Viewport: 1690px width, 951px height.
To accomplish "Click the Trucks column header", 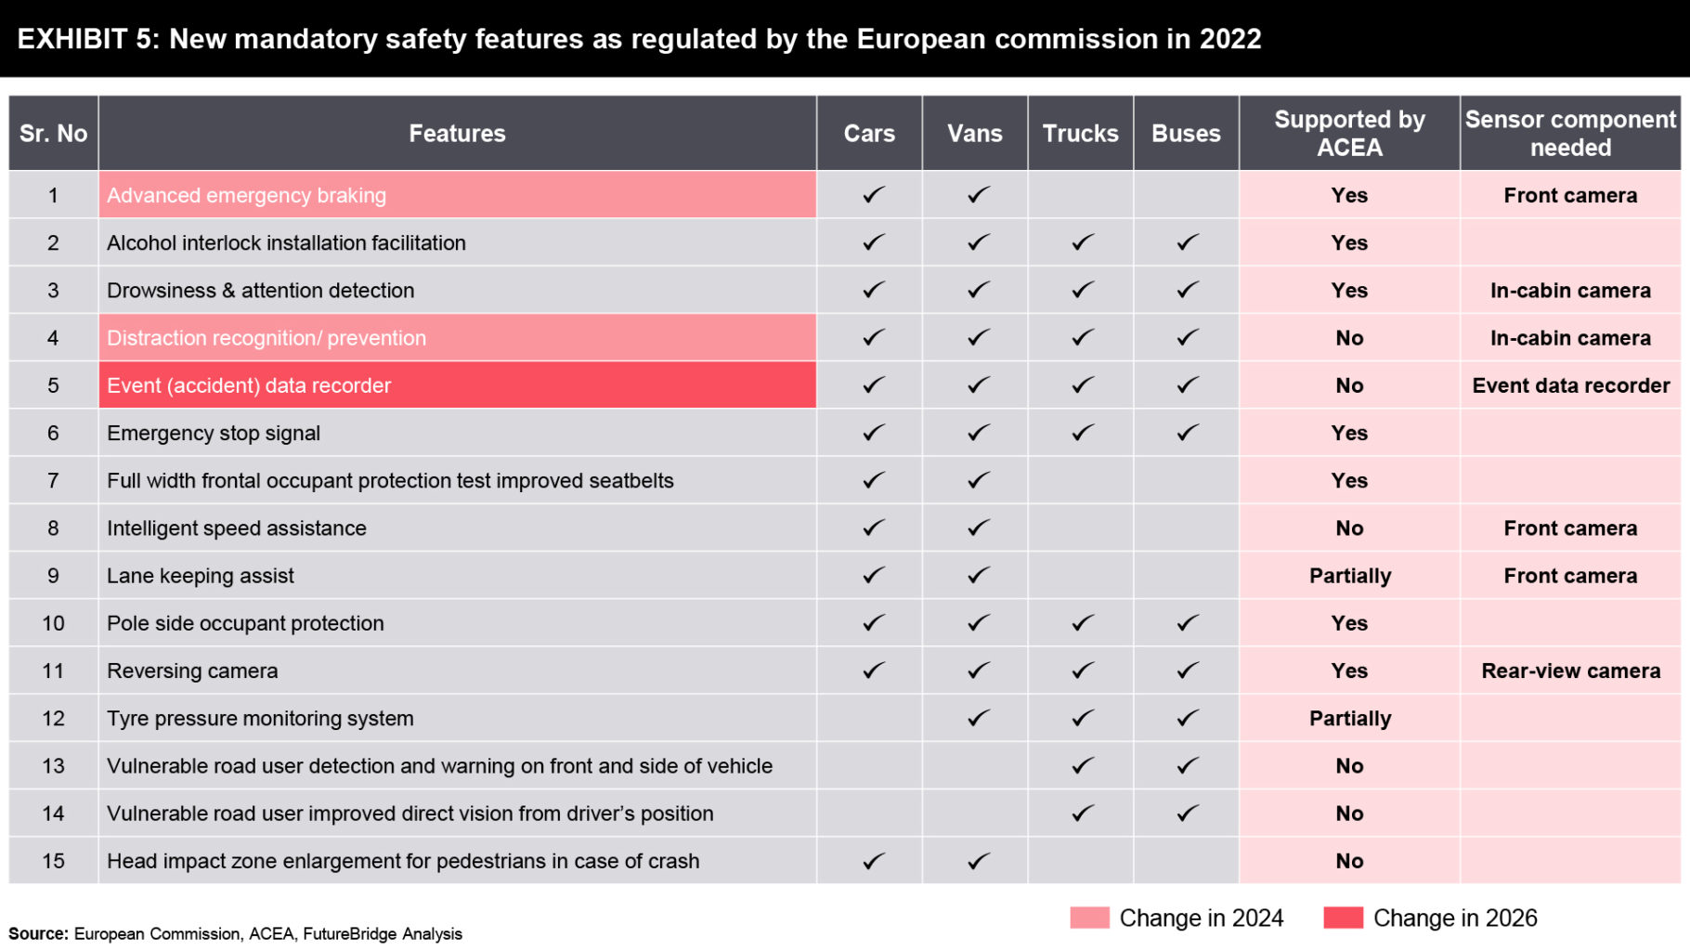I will click(x=1080, y=134).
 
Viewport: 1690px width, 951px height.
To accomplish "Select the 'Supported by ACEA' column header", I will click(x=1349, y=134).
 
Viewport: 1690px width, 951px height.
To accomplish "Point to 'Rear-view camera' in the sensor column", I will click(x=1570, y=671).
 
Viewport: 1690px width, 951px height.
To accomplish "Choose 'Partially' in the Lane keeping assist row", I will click(x=1349, y=576).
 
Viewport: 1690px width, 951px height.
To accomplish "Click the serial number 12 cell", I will click(x=53, y=718).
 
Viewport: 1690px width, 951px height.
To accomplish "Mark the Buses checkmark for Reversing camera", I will click(x=1187, y=671).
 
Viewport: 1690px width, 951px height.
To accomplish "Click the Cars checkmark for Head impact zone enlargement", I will click(x=873, y=861).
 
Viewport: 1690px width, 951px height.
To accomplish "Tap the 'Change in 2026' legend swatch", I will click(x=1343, y=918).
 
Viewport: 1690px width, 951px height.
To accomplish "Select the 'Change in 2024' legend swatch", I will click(x=1089, y=918).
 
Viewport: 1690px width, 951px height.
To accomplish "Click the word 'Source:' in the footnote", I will click(x=38, y=933).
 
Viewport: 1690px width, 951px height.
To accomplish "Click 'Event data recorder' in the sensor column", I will click(x=1570, y=385).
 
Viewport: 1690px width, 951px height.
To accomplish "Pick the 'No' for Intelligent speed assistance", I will click(x=1349, y=528).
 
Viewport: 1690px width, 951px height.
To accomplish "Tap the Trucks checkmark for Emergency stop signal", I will click(x=1082, y=433).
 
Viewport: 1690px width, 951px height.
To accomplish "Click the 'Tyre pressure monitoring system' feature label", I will click(x=260, y=718).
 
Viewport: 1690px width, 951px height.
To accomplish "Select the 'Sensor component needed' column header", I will click(x=1570, y=134).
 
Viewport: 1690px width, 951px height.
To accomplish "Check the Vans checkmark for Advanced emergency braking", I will click(x=978, y=196).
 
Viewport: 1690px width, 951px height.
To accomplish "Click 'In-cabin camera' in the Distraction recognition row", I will click(x=1570, y=338).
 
